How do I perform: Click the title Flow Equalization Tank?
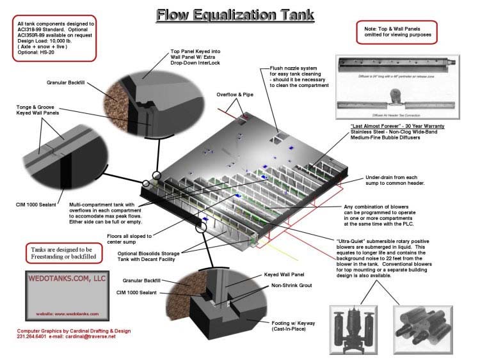[x=239, y=13]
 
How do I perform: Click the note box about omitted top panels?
[x=396, y=30]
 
